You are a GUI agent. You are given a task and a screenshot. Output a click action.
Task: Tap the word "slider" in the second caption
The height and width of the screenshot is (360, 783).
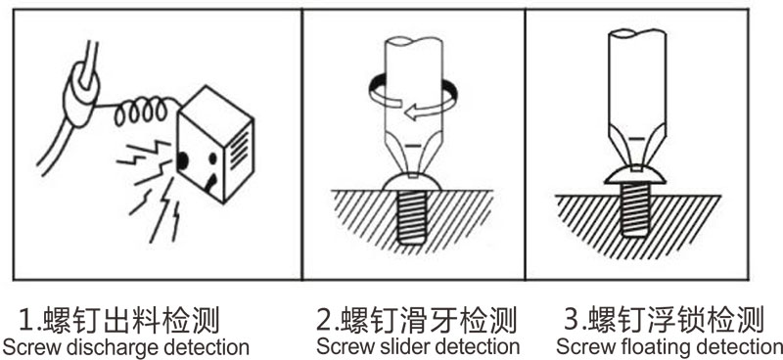[x=396, y=346]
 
